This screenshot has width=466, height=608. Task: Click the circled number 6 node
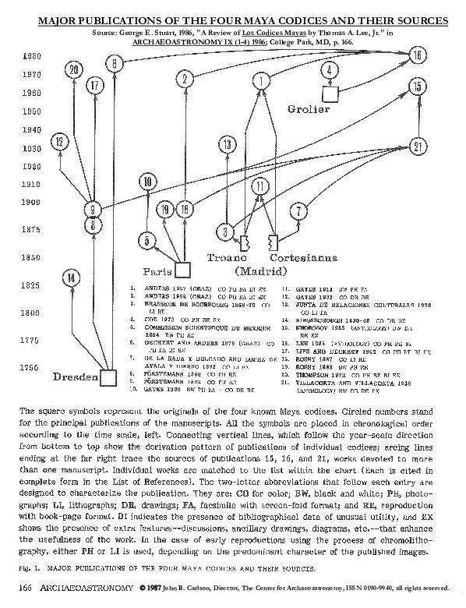pyautogui.click(x=115, y=62)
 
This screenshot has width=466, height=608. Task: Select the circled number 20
pyautogui.click(x=74, y=70)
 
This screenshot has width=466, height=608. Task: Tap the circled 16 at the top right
pyautogui.click(x=418, y=55)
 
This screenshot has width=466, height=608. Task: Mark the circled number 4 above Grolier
pyautogui.click(x=331, y=71)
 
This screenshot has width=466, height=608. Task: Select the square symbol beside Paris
pyautogui.click(x=182, y=270)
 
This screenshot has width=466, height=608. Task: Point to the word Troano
pyautogui.click(x=227, y=257)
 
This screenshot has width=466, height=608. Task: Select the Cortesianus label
pyautogui.click(x=303, y=257)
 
